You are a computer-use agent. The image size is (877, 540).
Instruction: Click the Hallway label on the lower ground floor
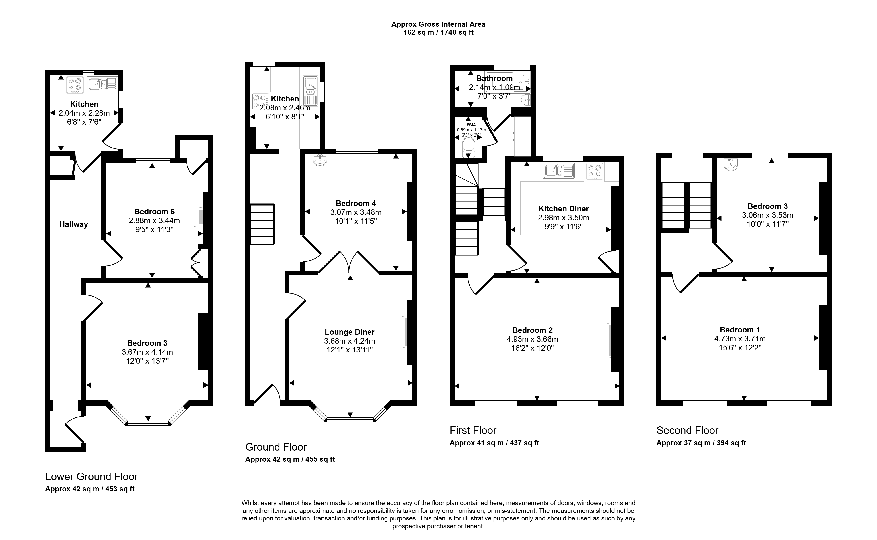(x=74, y=224)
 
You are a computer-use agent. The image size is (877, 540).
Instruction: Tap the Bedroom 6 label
(x=154, y=211)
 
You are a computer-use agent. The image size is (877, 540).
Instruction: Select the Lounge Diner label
(x=350, y=332)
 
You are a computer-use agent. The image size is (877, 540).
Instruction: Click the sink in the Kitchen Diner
(x=559, y=171)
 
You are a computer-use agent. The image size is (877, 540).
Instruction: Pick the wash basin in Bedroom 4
(x=320, y=160)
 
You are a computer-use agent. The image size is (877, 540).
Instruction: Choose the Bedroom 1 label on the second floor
(x=740, y=330)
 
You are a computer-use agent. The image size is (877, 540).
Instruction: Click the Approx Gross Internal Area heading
(x=438, y=24)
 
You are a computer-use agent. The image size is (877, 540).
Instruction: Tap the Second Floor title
(x=687, y=430)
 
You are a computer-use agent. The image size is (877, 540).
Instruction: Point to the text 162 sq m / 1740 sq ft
(x=439, y=32)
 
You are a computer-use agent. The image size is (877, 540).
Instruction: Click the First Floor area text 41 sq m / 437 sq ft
(x=507, y=443)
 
